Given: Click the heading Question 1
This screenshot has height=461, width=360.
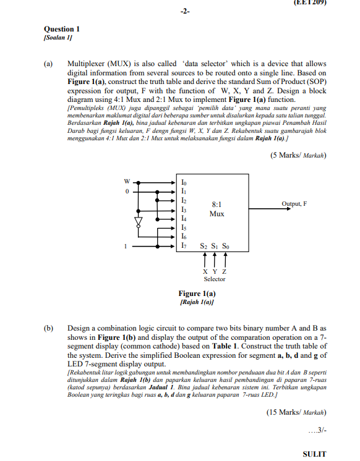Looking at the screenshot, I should [x=62, y=28].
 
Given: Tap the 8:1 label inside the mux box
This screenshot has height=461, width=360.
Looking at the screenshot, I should [x=216, y=203].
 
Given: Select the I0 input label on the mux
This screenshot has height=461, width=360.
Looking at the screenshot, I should [x=184, y=183].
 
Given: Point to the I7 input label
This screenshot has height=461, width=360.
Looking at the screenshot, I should [x=184, y=247].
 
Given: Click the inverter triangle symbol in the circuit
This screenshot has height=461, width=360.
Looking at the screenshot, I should [x=139, y=221].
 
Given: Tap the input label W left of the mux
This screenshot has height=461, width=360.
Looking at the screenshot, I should [x=127, y=182].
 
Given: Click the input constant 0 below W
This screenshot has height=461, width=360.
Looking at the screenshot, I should [x=127, y=192].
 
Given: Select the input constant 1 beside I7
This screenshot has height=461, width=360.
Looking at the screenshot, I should [x=127, y=246].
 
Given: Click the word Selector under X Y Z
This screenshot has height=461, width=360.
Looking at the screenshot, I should [x=215, y=279].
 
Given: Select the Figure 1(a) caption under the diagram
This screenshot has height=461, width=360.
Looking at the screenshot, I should [x=197, y=294].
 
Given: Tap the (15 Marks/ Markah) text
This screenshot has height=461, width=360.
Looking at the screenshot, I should [x=296, y=412].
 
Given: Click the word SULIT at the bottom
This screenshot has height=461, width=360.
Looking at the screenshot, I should [x=314, y=454].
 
